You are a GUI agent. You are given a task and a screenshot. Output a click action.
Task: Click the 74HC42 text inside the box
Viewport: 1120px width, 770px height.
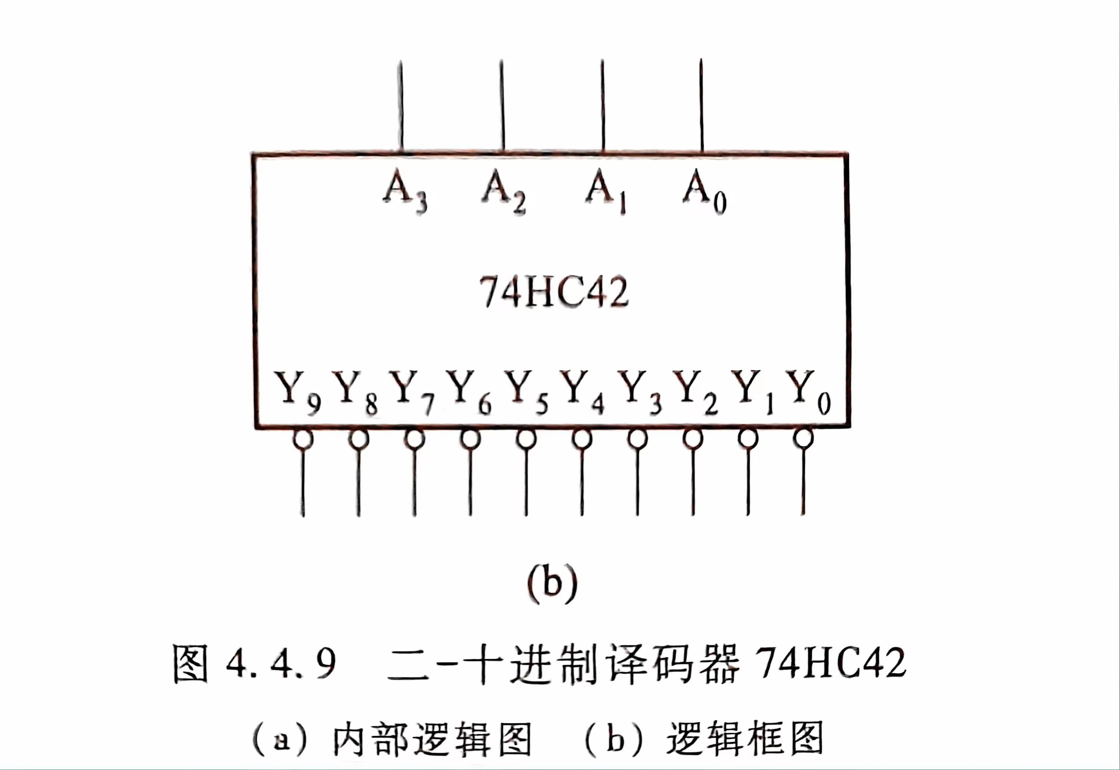554,292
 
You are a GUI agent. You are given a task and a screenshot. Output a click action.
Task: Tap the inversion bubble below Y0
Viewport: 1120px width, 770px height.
803,439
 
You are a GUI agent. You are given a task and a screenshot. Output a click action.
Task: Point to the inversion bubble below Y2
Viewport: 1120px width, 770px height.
693,439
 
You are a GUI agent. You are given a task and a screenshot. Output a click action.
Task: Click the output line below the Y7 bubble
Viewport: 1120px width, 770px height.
414,483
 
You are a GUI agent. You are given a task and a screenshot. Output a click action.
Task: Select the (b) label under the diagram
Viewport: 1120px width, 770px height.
553,582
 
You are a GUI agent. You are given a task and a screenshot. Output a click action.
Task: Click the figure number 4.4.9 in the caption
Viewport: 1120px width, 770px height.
280,664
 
